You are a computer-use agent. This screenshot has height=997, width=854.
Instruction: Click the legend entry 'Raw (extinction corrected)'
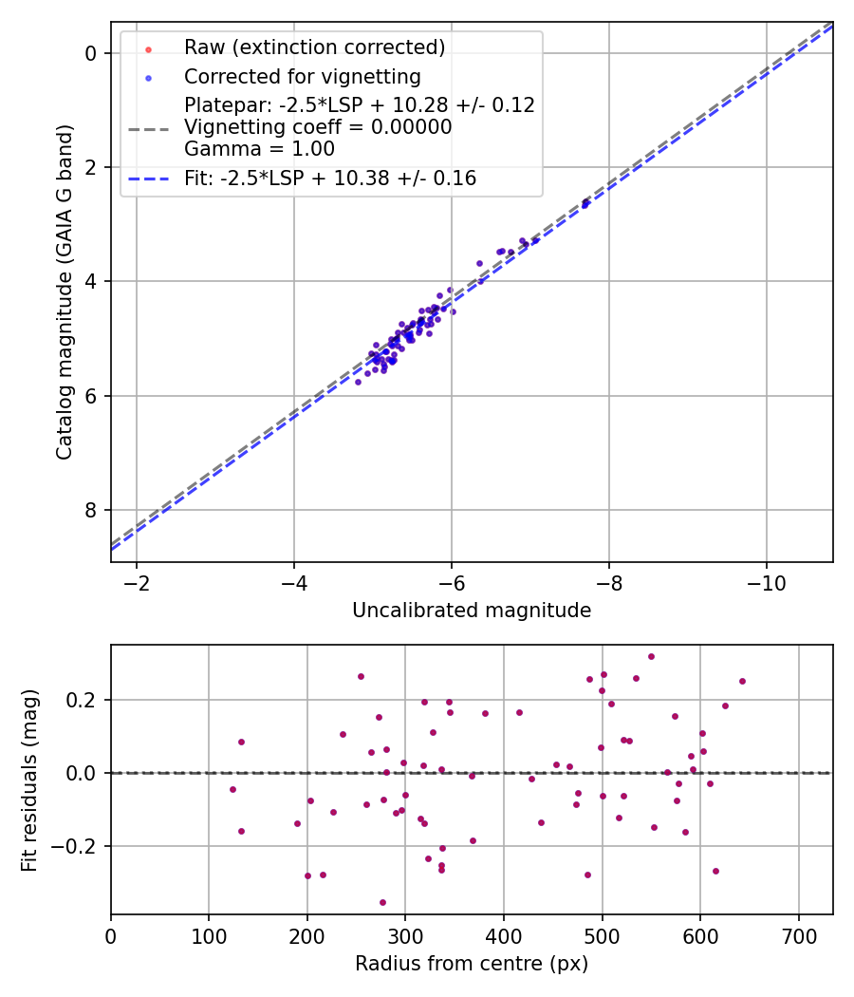(x=314, y=47)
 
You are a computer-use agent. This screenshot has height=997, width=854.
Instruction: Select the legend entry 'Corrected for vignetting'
(x=302, y=76)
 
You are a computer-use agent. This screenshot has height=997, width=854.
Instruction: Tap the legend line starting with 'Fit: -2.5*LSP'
(x=330, y=179)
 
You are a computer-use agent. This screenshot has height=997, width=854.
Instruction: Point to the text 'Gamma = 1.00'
(x=259, y=148)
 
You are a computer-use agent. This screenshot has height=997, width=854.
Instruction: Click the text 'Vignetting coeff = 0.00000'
(x=318, y=127)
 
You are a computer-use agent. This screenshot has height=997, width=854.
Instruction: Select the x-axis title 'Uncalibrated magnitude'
(x=472, y=611)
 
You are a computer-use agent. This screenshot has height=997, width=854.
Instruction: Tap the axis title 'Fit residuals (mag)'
(x=29, y=780)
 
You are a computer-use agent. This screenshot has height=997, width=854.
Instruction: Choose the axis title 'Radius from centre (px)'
(x=472, y=964)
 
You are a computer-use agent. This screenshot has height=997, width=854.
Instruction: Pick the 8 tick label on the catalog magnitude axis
(x=92, y=511)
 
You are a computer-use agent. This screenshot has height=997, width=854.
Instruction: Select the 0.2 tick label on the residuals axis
(x=82, y=700)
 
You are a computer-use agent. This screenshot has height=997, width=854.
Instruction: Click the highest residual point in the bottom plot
(x=651, y=656)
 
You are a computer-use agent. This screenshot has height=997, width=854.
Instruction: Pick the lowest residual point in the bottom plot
(x=382, y=902)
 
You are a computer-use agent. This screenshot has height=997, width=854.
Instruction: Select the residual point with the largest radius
(x=742, y=681)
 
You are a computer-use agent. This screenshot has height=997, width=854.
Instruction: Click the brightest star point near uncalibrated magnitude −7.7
(x=586, y=202)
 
